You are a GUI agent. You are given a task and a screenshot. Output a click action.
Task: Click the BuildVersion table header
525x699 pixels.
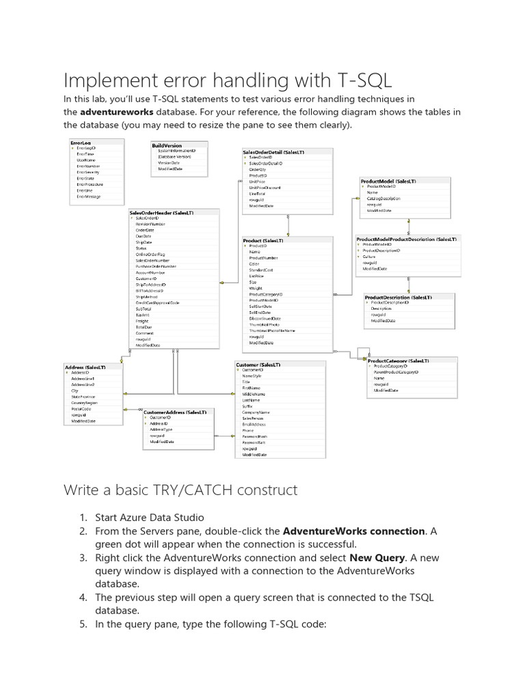point(167,145)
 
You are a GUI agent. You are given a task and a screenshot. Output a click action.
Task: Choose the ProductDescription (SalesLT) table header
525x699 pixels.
point(397,298)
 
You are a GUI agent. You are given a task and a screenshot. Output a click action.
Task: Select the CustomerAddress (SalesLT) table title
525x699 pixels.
point(174,412)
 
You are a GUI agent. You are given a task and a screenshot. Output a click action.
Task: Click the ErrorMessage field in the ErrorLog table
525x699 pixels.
point(88,197)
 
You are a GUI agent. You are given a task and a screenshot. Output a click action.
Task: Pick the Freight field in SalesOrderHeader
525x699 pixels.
point(142,320)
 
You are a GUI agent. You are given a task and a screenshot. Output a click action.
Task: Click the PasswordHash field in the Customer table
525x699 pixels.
point(254,436)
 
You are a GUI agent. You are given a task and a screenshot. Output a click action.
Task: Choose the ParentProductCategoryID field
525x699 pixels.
point(396,372)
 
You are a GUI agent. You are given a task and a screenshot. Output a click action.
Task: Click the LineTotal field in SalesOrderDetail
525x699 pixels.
point(257,194)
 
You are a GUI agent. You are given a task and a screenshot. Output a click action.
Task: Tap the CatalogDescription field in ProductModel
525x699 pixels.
point(383,198)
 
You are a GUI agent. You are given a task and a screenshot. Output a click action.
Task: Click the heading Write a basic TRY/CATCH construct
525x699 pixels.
point(180,489)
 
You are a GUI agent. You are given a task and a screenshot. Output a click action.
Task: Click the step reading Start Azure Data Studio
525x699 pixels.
point(150,517)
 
